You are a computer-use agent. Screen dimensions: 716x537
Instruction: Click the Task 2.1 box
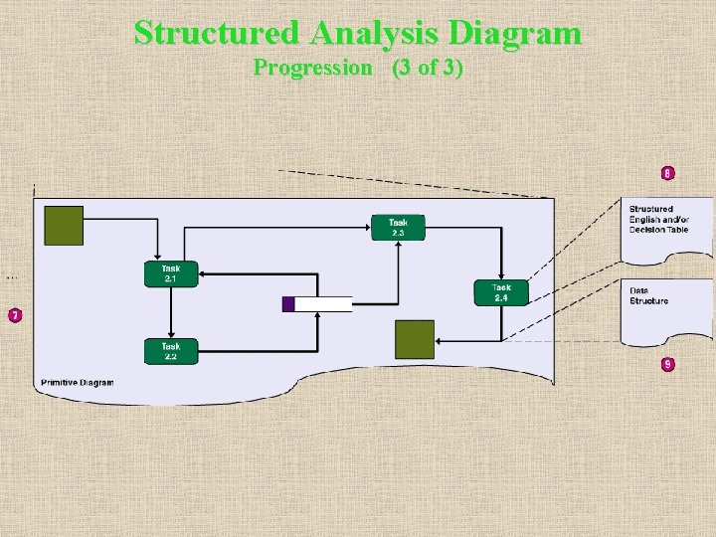(x=171, y=273)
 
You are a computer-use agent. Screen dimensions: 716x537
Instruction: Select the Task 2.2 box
(x=171, y=351)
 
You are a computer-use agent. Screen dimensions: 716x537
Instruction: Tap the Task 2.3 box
(x=398, y=228)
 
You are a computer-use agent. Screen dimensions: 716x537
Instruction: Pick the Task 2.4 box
(x=501, y=292)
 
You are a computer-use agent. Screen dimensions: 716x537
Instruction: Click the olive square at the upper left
(x=65, y=226)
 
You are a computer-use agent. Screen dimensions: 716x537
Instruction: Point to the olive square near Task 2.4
(x=415, y=339)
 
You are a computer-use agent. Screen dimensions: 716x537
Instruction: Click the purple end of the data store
(x=288, y=304)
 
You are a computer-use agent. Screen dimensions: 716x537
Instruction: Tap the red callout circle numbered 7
(x=15, y=316)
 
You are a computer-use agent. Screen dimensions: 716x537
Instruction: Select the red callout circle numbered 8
(x=667, y=173)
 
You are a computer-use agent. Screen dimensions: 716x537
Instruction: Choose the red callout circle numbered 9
(x=667, y=364)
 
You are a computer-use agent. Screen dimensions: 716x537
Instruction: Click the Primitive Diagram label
(x=78, y=383)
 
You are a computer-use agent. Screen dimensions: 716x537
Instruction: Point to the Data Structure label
(x=648, y=295)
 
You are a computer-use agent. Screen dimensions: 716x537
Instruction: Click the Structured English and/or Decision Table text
(x=657, y=219)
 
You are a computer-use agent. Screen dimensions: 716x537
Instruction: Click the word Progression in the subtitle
(x=311, y=68)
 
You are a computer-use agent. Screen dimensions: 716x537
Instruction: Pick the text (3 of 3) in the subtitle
(x=427, y=68)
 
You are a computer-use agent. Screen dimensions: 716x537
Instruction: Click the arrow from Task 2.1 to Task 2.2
(x=171, y=312)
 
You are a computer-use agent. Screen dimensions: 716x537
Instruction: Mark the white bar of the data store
(x=324, y=304)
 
